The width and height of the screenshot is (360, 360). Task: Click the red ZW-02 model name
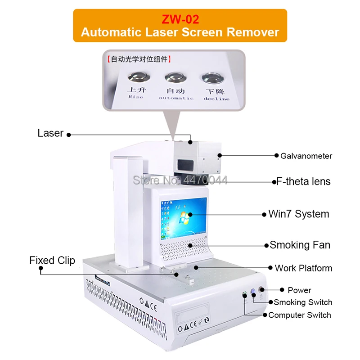(x=180, y=19)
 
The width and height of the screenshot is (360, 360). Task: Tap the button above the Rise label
(x=139, y=77)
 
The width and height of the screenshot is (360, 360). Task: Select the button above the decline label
(x=213, y=78)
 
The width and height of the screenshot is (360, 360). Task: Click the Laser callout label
(x=50, y=133)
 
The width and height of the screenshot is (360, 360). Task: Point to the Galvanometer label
(x=306, y=156)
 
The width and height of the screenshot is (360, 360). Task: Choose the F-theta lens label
(x=303, y=182)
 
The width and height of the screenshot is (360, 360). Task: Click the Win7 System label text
(x=299, y=214)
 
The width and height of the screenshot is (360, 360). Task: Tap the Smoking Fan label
(x=300, y=245)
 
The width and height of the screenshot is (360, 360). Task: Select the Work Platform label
(x=303, y=268)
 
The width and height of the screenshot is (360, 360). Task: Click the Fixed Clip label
(x=52, y=261)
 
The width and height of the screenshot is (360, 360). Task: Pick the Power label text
(x=299, y=290)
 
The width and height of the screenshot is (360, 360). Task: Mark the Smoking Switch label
(x=303, y=302)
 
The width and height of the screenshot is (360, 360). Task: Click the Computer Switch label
(x=300, y=315)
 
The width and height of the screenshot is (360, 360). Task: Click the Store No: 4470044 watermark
(x=180, y=180)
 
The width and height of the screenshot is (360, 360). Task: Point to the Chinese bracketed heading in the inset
(x=139, y=59)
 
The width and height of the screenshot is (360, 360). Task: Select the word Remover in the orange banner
(x=253, y=32)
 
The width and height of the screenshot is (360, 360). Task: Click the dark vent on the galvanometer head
(x=185, y=164)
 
